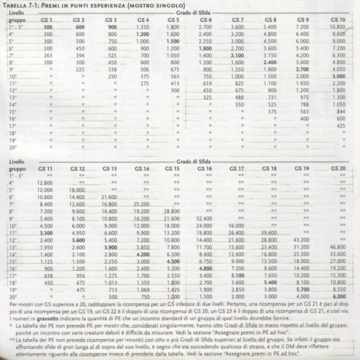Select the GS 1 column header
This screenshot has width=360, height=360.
[48, 19]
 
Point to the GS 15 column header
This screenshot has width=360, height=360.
[173, 169]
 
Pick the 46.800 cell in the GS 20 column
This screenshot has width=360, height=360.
[338, 246]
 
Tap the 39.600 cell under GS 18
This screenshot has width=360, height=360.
[269, 231]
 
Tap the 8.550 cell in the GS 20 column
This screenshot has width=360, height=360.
[338, 289]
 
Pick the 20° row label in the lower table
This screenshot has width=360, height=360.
[12, 297]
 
